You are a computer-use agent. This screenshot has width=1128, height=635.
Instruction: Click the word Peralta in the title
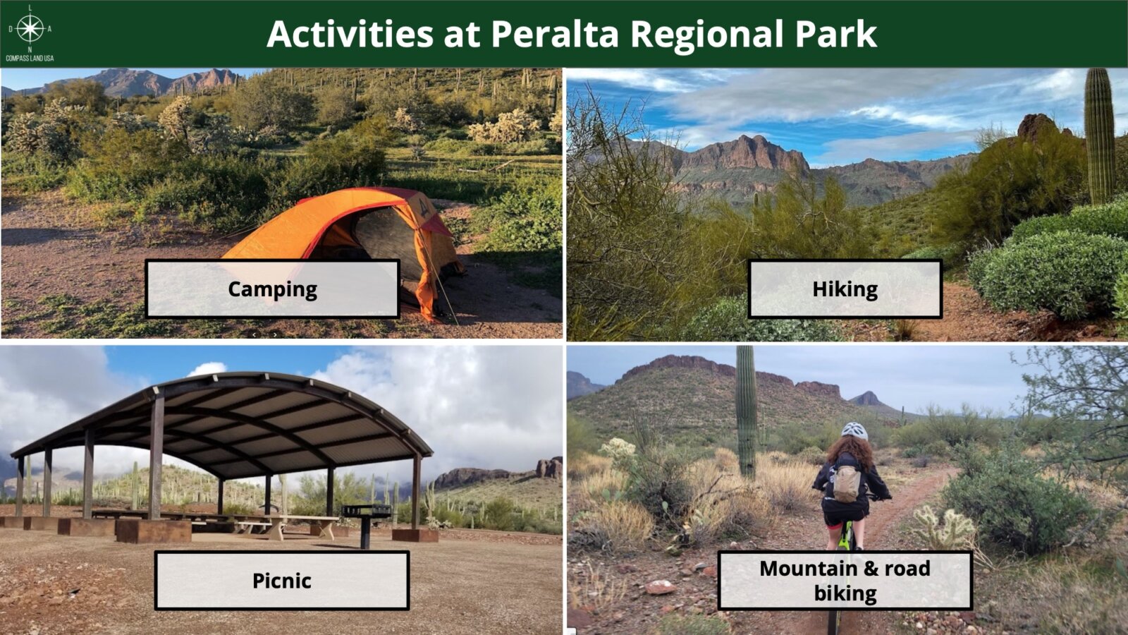[554, 34]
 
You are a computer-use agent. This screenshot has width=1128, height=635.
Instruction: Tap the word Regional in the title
[706, 35]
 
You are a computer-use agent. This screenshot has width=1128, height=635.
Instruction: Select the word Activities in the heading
[350, 34]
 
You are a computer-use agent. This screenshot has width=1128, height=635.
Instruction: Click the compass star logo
[30, 28]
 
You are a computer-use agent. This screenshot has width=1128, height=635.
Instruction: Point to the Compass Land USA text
[30, 58]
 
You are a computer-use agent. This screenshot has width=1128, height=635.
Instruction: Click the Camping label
[272, 289]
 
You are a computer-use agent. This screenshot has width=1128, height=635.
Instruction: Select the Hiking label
[845, 289]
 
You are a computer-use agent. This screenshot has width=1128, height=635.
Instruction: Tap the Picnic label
[282, 581]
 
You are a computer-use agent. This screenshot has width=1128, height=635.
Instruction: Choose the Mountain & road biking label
[845, 581]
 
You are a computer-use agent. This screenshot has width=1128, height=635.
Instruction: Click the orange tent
[348, 237]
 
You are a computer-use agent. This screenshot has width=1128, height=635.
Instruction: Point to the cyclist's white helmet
[854, 431]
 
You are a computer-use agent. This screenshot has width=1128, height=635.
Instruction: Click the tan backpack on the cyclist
[847, 483]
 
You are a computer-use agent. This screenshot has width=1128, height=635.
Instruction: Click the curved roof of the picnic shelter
[221, 423]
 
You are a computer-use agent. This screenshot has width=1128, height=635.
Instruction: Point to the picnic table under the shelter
[282, 525]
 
